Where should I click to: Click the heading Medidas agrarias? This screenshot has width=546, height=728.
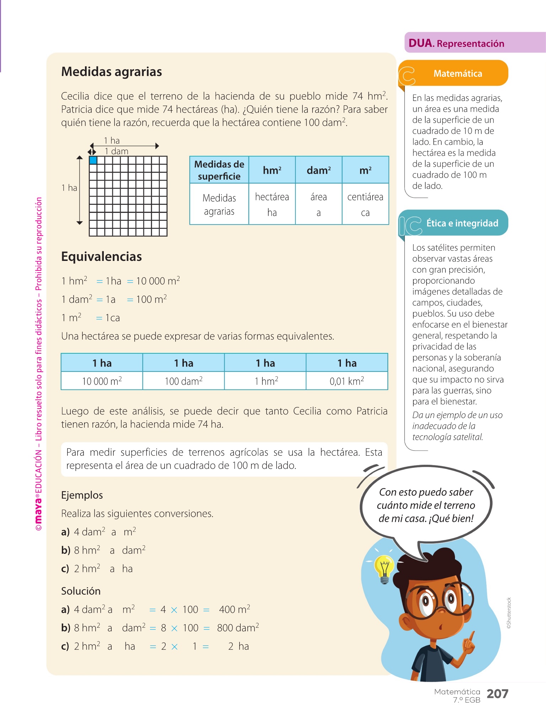click(112, 72)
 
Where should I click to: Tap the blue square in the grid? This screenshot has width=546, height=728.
click(93, 160)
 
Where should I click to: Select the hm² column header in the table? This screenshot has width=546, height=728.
click(272, 170)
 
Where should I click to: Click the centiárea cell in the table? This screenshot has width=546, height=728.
click(365, 204)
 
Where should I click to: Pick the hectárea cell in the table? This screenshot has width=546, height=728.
click(272, 204)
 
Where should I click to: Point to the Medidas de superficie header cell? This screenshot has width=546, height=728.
click(219, 170)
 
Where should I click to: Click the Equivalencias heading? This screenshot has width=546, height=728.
click(102, 257)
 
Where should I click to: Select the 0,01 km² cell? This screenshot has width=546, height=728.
click(347, 381)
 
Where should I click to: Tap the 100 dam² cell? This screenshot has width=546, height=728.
click(183, 381)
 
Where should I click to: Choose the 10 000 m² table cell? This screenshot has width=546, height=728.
click(102, 381)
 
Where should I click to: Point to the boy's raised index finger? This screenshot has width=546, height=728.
click(471, 636)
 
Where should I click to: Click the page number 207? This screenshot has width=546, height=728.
click(497, 694)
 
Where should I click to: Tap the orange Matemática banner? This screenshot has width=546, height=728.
click(457, 74)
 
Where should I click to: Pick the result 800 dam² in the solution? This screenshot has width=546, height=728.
click(238, 628)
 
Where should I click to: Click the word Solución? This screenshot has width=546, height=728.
click(81, 591)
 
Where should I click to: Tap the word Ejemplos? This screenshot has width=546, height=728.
click(82, 495)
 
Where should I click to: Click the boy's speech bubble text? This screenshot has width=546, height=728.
click(426, 505)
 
